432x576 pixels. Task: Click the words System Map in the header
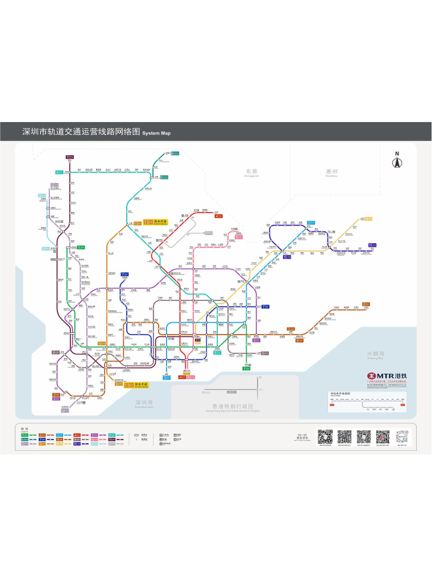click(x=156, y=133)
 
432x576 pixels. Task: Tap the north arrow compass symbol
click(x=397, y=161)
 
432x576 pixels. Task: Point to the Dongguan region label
click(x=251, y=172)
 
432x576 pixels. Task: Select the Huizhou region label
click(x=331, y=172)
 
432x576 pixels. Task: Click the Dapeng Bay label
click(x=375, y=355)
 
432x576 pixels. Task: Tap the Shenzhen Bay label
click(x=143, y=403)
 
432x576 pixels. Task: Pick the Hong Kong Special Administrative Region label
click(x=233, y=407)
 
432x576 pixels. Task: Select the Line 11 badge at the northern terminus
click(x=70, y=157)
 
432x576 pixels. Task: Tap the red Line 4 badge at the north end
click(x=218, y=215)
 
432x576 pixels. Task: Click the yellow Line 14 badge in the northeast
click(x=368, y=219)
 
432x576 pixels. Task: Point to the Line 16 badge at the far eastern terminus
click(x=372, y=245)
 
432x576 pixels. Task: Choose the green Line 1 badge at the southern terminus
click(x=246, y=368)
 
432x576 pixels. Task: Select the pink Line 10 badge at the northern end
click(x=238, y=237)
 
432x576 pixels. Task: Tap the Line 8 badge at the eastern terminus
click(x=366, y=304)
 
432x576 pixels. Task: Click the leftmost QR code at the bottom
click(x=325, y=436)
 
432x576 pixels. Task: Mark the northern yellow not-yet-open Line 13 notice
click(x=155, y=222)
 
